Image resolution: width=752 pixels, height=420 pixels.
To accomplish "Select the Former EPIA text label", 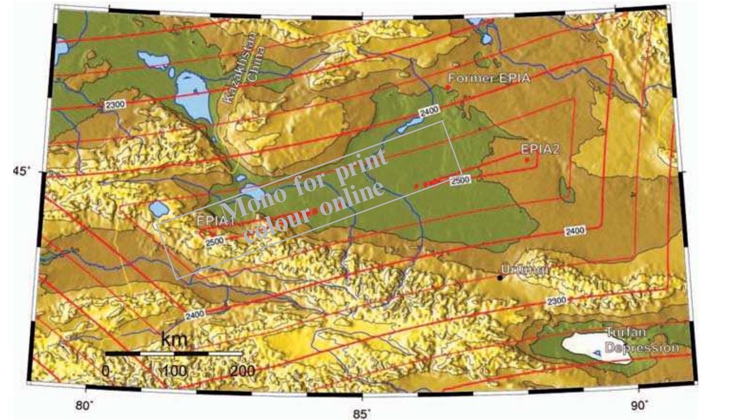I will pos(489,78).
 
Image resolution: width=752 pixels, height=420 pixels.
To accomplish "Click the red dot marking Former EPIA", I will pos(448,87).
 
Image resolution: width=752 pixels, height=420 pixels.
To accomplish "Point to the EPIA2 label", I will pos(540,149).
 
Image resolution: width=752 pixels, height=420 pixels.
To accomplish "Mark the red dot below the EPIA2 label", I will pos(527,160).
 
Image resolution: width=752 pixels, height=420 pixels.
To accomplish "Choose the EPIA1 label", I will pos(215,221).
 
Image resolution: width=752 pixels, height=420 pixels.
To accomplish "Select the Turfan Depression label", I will pos(641,340).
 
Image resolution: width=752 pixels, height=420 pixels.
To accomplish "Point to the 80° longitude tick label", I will pos(85,406).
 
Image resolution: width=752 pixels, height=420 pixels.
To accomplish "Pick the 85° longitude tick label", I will pos(362,413).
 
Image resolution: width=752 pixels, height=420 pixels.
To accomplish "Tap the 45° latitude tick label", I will pos(21,170).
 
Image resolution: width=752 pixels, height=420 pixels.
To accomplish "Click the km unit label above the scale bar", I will pos(174,339).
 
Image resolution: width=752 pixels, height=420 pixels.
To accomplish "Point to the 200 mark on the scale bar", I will pos(242,370).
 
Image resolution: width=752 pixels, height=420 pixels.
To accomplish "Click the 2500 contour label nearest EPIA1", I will pos(214,241).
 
